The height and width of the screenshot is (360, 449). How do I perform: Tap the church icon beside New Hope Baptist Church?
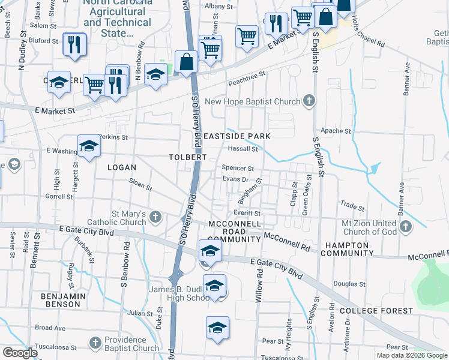pyautogui.click(x=309, y=100)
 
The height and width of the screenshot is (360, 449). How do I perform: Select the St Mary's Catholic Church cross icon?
pyautogui.click(x=155, y=217)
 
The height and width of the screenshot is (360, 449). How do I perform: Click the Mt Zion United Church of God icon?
pyautogui.click(x=406, y=227)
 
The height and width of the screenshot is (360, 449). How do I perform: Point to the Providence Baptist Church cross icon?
pyautogui.click(x=95, y=343)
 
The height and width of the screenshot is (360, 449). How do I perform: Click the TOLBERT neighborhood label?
pyautogui.click(x=188, y=157)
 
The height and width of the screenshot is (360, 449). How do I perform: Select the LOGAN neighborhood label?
pyautogui.click(x=122, y=167)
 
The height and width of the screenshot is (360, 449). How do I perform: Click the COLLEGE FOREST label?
pyautogui.click(x=376, y=311)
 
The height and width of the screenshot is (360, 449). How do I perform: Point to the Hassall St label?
pyautogui.click(x=243, y=149)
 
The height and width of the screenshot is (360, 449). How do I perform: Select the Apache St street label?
pyautogui.click(x=336, y=131)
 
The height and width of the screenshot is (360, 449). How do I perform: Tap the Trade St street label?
pyautogui.click(x=352, y=206)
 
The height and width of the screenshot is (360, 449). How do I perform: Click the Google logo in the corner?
pyautogui.click(x=20, y=353)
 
